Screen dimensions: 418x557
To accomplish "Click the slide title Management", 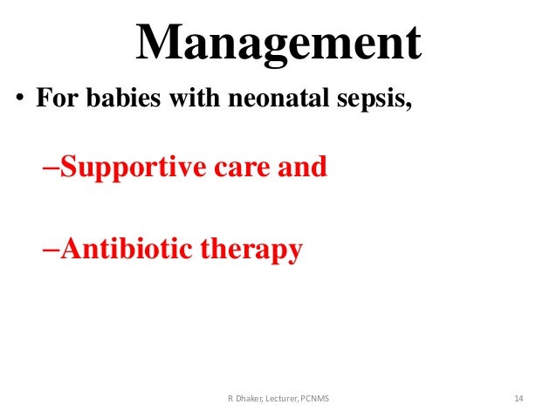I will coord(278,42).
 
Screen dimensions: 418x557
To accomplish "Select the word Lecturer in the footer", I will coord(284,399).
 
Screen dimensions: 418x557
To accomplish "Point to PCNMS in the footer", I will coord(323,399).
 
